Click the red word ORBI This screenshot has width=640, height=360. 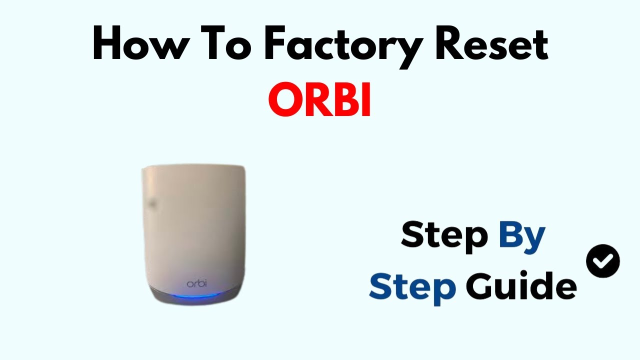(319, 99)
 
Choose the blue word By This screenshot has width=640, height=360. (521, 236)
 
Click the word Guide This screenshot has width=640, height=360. (520, 286)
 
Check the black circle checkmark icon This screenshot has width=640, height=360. (602, 261)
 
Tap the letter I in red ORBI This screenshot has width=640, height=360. (365, 99)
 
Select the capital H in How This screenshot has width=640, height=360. (111, 46)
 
